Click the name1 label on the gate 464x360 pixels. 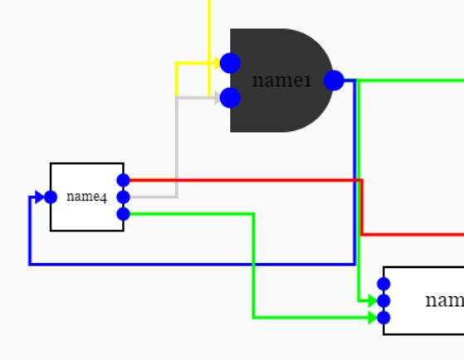(281, 80)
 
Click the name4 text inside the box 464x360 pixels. (86, 197)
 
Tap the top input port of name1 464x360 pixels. (230, 63)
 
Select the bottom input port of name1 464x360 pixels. (230, 98)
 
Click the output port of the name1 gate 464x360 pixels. (334, 80)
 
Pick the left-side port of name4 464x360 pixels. (50, 197)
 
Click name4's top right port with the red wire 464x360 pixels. (124, 180)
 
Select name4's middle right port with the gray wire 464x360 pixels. (124, 197)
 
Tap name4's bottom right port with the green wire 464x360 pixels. (124, 214)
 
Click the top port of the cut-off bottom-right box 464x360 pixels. (383, 284)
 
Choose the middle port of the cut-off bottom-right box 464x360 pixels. (383, 300)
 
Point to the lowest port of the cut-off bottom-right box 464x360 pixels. (383, 318)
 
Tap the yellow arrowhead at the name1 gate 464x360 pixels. (215, 63)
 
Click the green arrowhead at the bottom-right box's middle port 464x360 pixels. (372, 300)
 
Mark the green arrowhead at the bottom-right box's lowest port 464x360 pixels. (372, 318)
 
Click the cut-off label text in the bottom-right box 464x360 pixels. (443, 300)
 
